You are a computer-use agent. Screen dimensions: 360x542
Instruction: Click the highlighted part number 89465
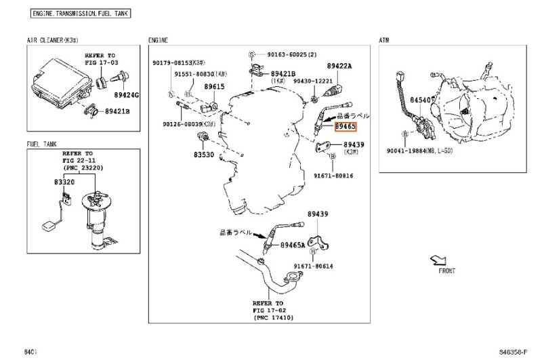pos(346,127)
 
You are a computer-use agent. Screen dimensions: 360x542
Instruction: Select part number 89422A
pos(339,66)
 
